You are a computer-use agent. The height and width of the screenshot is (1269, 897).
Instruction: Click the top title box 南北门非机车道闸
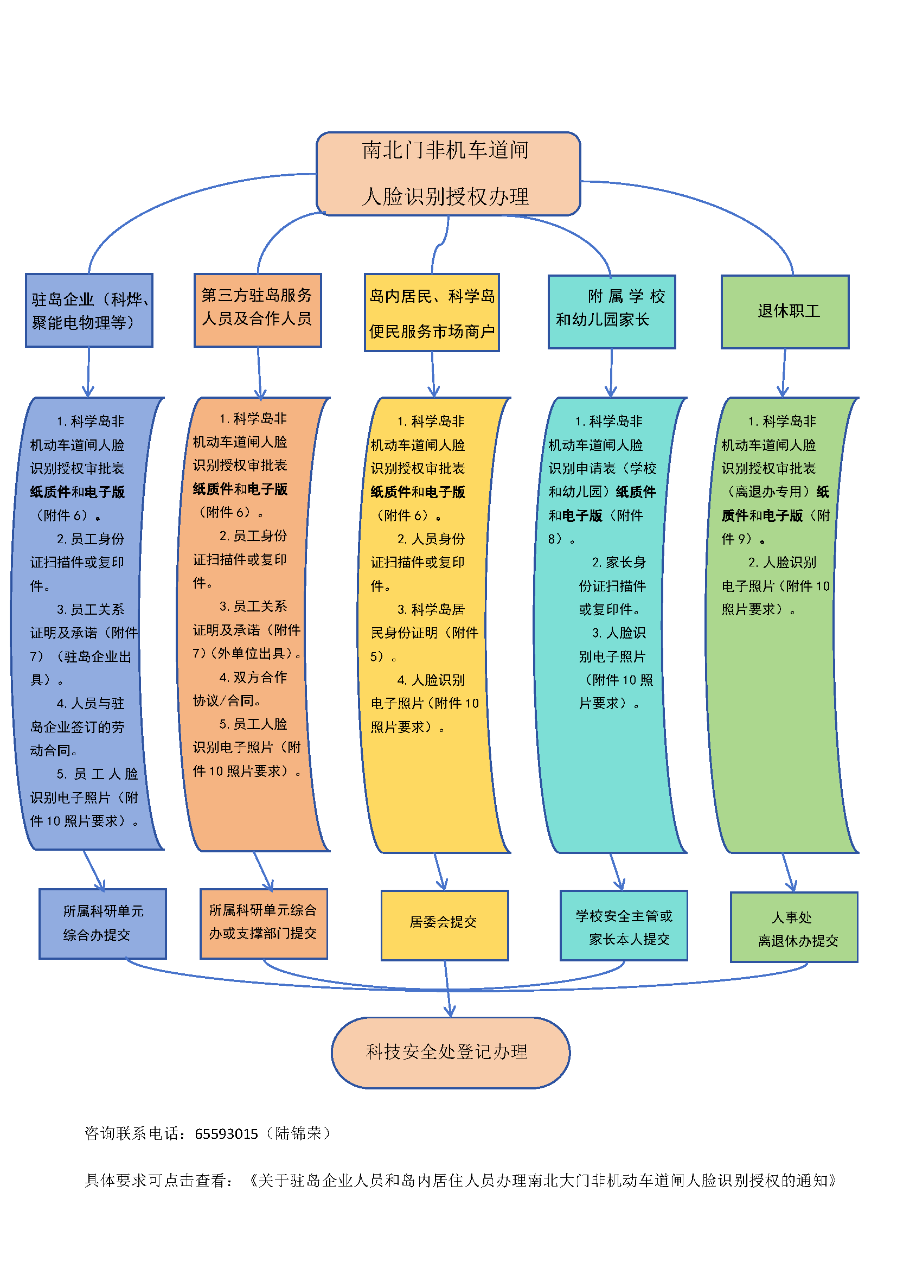pyautogui.click(x=448, y=174)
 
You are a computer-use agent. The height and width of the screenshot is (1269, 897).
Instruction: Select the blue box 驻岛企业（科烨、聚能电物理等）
pyautogui.click(x=89, y=310)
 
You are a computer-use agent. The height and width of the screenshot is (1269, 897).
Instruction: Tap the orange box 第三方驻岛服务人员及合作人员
pyautogui.click(x=258, y=310)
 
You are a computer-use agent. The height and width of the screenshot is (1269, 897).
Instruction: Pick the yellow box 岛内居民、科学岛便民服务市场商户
pyautogui.click(x=431, y=313)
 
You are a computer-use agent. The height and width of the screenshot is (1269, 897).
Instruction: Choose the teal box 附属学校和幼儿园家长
pyautogui.click(x=611, y=312)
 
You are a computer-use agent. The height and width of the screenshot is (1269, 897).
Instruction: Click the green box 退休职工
pyautogui.click(x=785, y=312)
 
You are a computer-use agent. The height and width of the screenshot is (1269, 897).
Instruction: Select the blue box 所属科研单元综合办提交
pyautogui.click(x=102, y=923)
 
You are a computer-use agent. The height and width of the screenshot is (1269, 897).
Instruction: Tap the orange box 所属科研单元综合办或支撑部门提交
pyautogui.click(x=264, y=923)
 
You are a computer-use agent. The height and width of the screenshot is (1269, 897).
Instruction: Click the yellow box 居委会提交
pyautogui.click(x=445, y=925)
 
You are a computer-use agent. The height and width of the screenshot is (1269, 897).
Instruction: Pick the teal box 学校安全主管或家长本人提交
pyautogui.click(x=624, y=925)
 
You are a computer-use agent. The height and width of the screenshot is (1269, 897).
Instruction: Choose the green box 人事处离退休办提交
pyautogui.click(x=794, y=927)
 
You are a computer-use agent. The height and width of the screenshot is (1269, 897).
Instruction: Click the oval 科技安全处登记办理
pyautogui.click(x=450, y=1053)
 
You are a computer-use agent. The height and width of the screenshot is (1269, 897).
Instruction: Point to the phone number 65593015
pyautogui.click(x=226, y=1133)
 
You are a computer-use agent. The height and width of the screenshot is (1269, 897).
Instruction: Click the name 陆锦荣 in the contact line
pyautogui.click(x=298, y=1133)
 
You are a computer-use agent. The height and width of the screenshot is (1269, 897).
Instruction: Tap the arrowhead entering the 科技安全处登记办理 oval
pyautogui.click(x=450, y=1011)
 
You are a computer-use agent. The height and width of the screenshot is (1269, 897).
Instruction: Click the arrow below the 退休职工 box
pyautogui.click(x=784, y=373)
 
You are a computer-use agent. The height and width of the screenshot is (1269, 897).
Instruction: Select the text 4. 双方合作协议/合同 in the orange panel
pyautogui.click(x=240, y=688)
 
